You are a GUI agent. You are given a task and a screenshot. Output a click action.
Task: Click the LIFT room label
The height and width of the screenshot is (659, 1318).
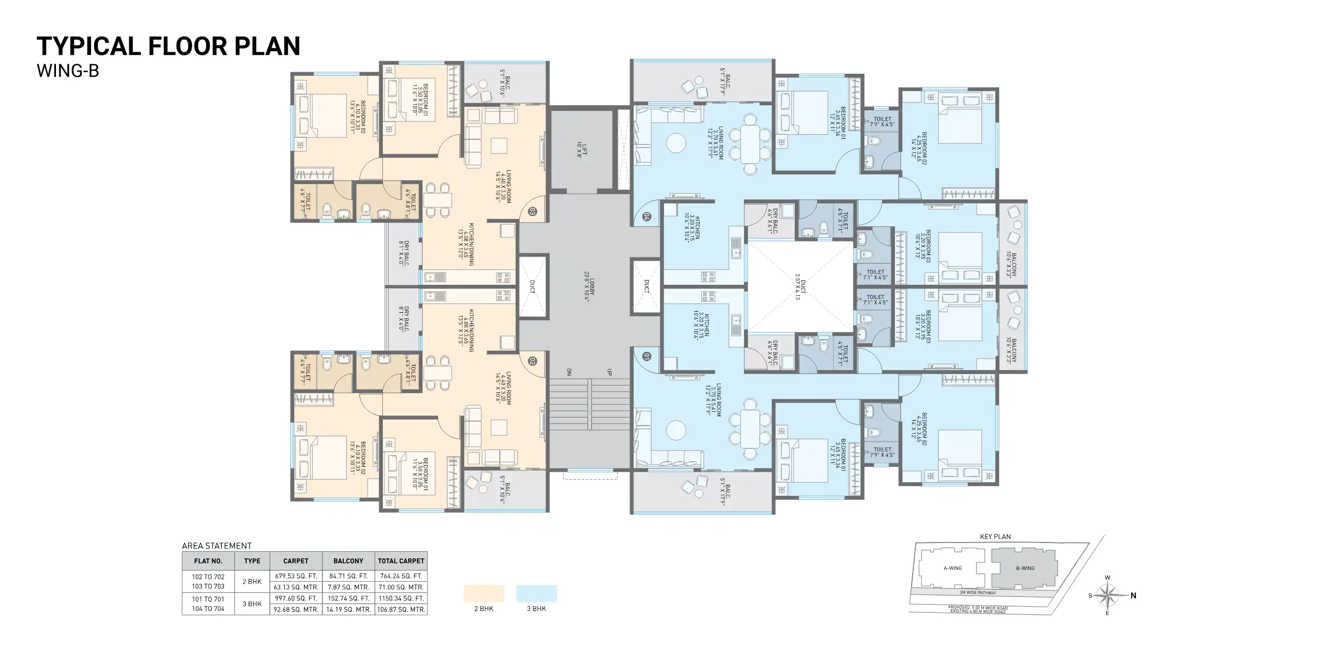coord(582,149)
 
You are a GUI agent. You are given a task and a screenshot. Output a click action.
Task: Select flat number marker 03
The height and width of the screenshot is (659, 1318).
coord(532,212)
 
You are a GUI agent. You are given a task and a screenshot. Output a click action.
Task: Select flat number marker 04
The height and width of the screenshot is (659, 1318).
coord(647,217)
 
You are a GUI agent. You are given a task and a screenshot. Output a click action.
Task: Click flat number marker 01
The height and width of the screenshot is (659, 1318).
coord(647,356)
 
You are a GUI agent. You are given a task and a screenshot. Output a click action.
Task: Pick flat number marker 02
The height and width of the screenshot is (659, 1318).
coord(532,361)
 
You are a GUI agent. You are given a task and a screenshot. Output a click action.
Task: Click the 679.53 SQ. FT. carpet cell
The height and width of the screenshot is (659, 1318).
coord(296,576)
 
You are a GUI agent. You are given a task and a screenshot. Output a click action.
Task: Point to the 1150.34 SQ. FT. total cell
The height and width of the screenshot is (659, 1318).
coord(401,598)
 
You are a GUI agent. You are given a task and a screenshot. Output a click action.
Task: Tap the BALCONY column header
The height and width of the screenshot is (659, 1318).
coord(348,561)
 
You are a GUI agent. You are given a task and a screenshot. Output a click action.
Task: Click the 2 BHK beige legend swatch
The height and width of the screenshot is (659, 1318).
coord(484,593)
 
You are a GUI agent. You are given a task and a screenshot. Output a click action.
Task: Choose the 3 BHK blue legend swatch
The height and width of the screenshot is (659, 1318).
coord(536,593)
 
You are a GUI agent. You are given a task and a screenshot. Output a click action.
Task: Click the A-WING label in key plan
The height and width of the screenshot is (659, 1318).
coord(952,568)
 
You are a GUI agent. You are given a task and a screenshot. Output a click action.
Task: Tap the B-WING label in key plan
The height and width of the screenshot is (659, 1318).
coord(1025,568)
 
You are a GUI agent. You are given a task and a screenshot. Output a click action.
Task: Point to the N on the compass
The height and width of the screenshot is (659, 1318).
coord(1133,595)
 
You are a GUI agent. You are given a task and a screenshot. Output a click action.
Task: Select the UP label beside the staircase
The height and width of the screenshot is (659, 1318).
coord(609,372)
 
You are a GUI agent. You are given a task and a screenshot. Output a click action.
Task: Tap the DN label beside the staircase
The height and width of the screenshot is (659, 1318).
coord(569,372)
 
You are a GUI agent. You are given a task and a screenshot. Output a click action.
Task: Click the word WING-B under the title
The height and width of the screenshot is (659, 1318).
coord(68,71)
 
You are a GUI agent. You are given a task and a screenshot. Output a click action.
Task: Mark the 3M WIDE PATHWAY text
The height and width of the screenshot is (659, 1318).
coord(977,592)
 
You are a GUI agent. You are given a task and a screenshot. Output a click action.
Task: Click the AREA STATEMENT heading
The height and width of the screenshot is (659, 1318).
coord(217,546)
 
